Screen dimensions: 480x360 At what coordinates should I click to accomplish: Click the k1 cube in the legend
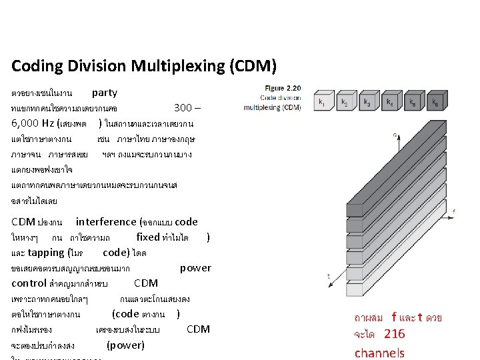pos(323,103)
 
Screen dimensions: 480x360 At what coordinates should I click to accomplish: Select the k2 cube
pos(345,103)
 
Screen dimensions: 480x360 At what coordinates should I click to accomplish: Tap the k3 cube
pos(368,103)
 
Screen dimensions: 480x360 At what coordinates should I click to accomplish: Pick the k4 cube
pos(391,103)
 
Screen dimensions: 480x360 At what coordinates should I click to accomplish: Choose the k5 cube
pos(413,103)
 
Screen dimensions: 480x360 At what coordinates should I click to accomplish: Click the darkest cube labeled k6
pos(436,103)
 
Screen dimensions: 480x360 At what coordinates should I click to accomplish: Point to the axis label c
pos(394,135)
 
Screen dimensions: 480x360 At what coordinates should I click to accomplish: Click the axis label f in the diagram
pos(454,211)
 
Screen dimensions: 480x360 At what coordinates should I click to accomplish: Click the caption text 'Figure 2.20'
pos(283,88)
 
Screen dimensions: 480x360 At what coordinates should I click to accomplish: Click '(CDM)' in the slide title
pos(252,67)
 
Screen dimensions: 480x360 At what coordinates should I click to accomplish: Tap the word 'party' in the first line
pos(105,93)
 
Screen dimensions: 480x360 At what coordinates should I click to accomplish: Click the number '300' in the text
pos(183,108)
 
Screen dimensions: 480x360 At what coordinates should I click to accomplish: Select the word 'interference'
pos(105,222)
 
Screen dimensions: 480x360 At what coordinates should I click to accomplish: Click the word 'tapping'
pos(46,253)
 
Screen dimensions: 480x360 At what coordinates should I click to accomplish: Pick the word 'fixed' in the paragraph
pos(148,237)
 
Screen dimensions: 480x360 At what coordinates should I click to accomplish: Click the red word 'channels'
pos(379,352)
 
